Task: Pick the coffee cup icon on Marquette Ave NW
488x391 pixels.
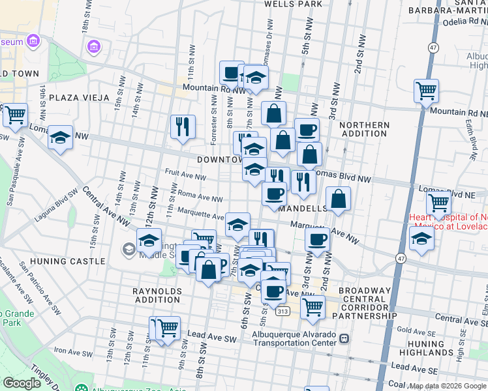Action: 317,239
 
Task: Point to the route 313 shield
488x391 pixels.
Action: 282,312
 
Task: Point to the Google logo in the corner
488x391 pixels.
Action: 21,383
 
